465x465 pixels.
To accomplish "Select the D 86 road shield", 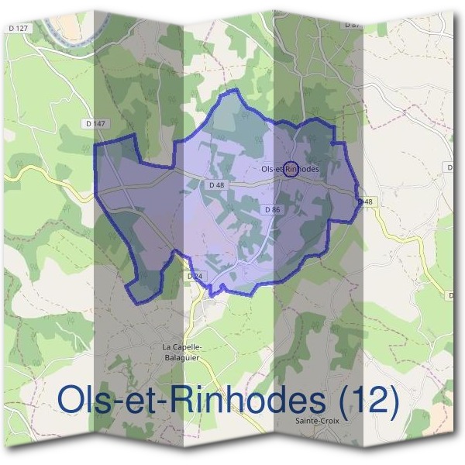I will point(271,209).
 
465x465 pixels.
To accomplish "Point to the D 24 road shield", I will point(195,275).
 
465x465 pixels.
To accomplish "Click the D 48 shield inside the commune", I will point(216,184).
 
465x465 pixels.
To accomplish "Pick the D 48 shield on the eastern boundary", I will point(365,201).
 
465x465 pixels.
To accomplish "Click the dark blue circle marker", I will point(290,167).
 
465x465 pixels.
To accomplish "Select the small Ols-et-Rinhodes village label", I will point(290,168).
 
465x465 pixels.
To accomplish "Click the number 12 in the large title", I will point(364,400).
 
